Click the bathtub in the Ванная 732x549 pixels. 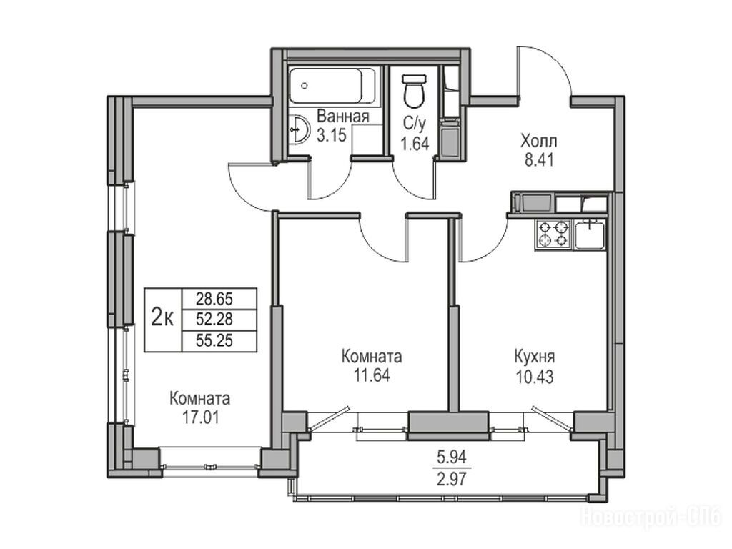coord(332,86)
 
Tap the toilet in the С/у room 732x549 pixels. coord(414,90)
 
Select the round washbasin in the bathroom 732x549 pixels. coord(298,129)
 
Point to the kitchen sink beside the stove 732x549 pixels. coord(590,234)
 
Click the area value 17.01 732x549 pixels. coord(200,417)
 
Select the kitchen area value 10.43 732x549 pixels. coord(535,376)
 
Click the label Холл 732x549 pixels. coord(539,141)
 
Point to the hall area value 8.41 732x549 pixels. coord(539,160)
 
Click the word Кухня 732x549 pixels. coord(535,357)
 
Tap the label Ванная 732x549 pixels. coord(343,117)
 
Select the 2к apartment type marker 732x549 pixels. coord(163,319)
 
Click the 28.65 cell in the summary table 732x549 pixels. coord(214,298)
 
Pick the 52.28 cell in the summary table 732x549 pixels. coord(214,320)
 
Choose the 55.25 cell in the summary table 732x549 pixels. coord(214,340)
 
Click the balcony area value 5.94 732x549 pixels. coord(452,457)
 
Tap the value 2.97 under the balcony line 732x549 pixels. coord(452,478)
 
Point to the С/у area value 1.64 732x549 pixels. coord(415,144)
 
